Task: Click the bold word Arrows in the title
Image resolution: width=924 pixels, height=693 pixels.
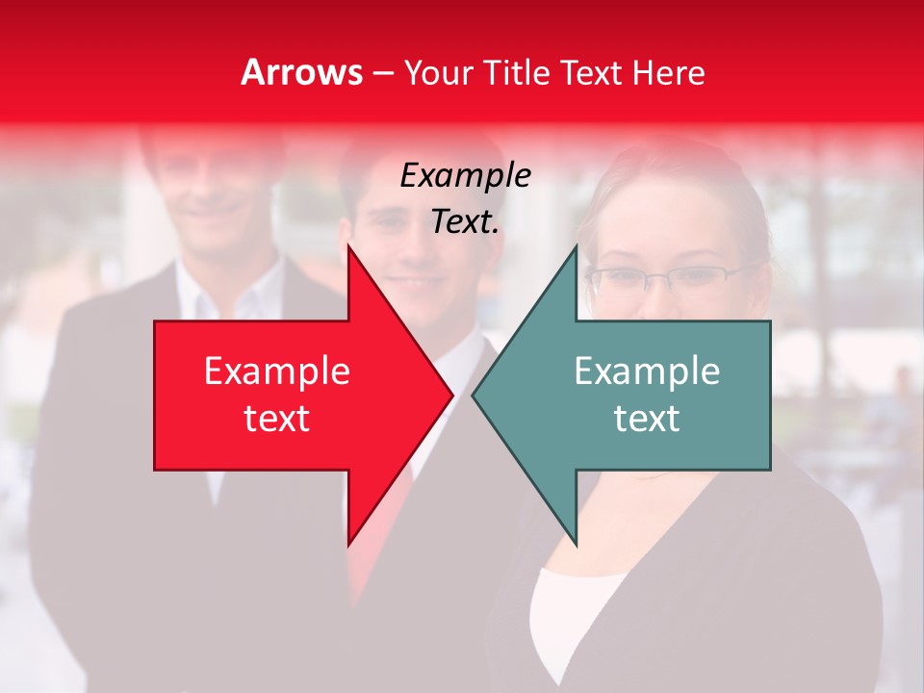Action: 301,72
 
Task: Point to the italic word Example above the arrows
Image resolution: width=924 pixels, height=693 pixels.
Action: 465,176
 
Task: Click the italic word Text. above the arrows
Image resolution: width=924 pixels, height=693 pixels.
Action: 465,221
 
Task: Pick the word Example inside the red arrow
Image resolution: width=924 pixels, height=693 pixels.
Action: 277,371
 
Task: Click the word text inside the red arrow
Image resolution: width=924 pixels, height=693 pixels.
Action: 277,419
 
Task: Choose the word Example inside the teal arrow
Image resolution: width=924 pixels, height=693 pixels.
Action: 647,371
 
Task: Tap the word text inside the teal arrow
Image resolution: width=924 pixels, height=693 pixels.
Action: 647,419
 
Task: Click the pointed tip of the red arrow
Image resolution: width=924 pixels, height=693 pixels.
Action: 450,395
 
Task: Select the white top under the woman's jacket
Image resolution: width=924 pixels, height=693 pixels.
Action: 568,616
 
